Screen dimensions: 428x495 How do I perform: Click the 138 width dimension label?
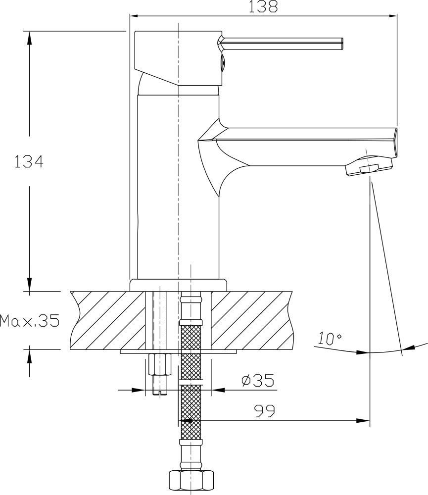point(263,6)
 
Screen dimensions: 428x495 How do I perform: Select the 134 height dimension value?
point(29,162)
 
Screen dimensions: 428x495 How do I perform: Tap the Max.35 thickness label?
point(30,321)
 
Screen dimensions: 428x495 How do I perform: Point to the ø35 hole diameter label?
point(258,380)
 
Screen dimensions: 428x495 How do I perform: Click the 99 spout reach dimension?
point(265,411)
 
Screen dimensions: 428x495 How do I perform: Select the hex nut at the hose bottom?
point(191,481)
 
